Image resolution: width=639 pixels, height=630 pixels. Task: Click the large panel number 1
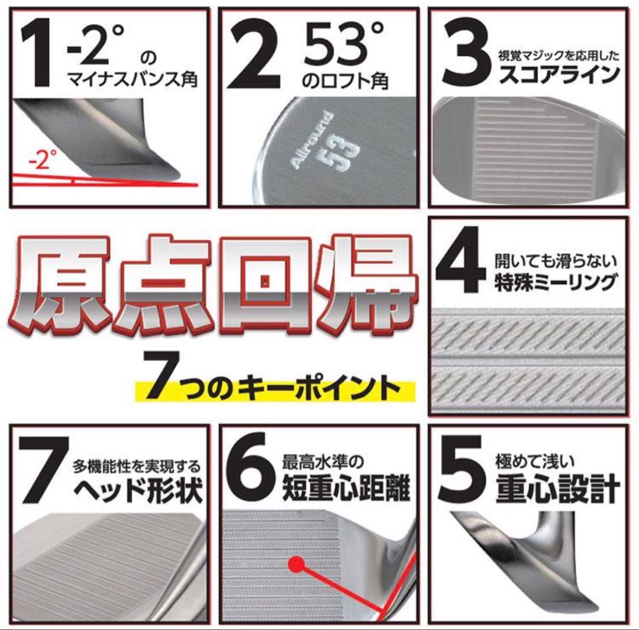click(x=40, y=53)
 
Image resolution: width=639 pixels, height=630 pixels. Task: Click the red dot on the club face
click(x=295, y=564)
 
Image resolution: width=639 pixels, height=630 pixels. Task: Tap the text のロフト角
click(x=344, y=80)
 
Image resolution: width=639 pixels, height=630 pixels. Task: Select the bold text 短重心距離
click(x=346, y=490)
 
